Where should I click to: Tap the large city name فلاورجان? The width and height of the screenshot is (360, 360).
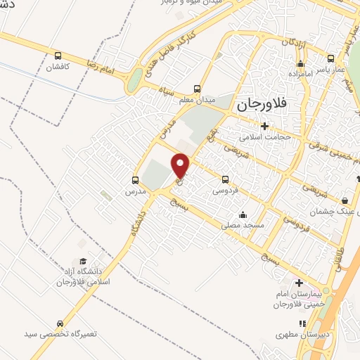pos(262,104)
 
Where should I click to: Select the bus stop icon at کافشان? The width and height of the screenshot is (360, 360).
pos(58,56)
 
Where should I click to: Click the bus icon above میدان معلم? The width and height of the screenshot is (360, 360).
pos(198,89)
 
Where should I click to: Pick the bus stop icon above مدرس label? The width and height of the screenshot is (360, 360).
pos(136,179)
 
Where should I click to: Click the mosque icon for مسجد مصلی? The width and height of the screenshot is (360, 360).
pos(243,214)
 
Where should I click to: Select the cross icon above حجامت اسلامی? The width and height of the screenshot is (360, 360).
pos(264,126)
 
